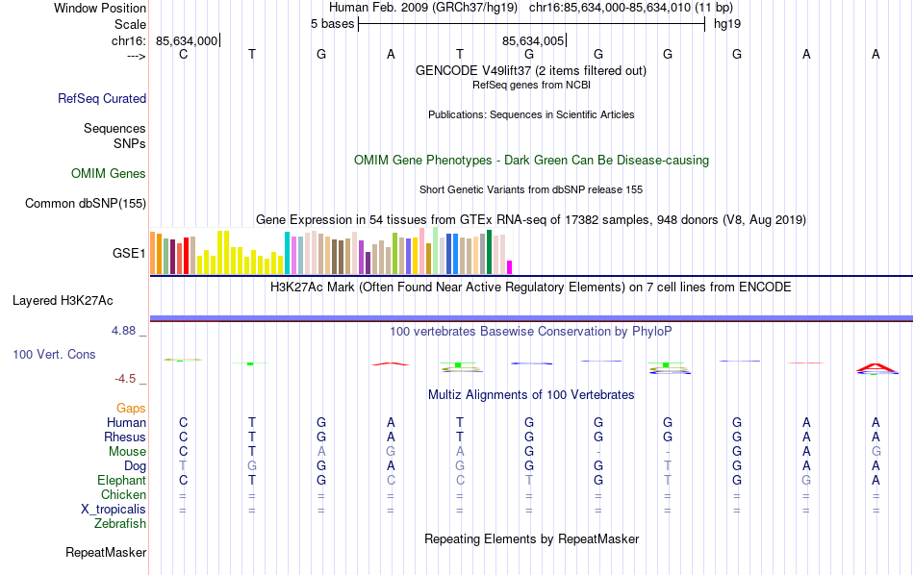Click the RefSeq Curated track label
coord(102,98)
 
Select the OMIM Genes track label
coord(109,174)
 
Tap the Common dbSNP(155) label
coord(86,203)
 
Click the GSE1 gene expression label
coord(130,254)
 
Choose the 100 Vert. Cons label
coord(54,355)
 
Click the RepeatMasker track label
coord(106,553)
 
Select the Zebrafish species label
coord(120,524)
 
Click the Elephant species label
coord(121,480)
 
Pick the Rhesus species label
coord(125,437)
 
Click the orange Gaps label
coord(131,409)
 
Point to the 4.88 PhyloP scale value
coord(127,331)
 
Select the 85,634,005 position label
coord(533,41)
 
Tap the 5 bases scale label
coord(332,24)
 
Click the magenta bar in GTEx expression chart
coord(510,267)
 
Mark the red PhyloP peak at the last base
coord(876,366)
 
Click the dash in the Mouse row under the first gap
coord(598,452)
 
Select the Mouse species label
coord(127,452)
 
